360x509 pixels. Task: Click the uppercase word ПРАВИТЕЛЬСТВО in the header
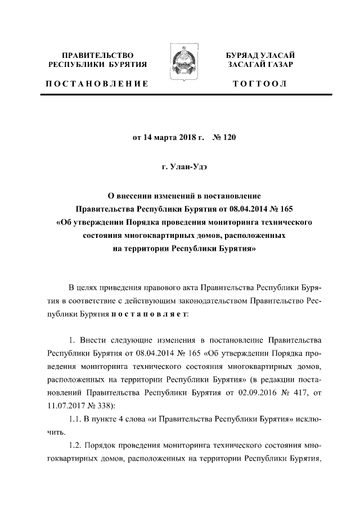98,56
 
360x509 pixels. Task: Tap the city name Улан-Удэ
184,166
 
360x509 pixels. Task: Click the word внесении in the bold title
138,196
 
